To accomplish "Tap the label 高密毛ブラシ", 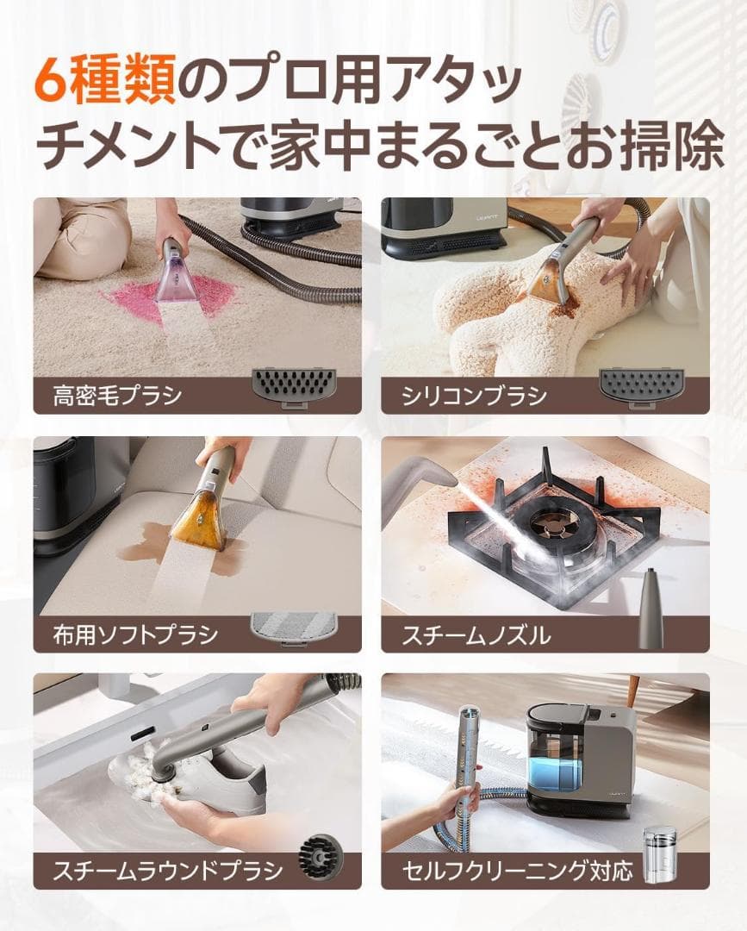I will click(117, 397).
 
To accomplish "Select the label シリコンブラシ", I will click(474, 397).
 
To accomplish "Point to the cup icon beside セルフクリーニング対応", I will click(661, 853).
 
